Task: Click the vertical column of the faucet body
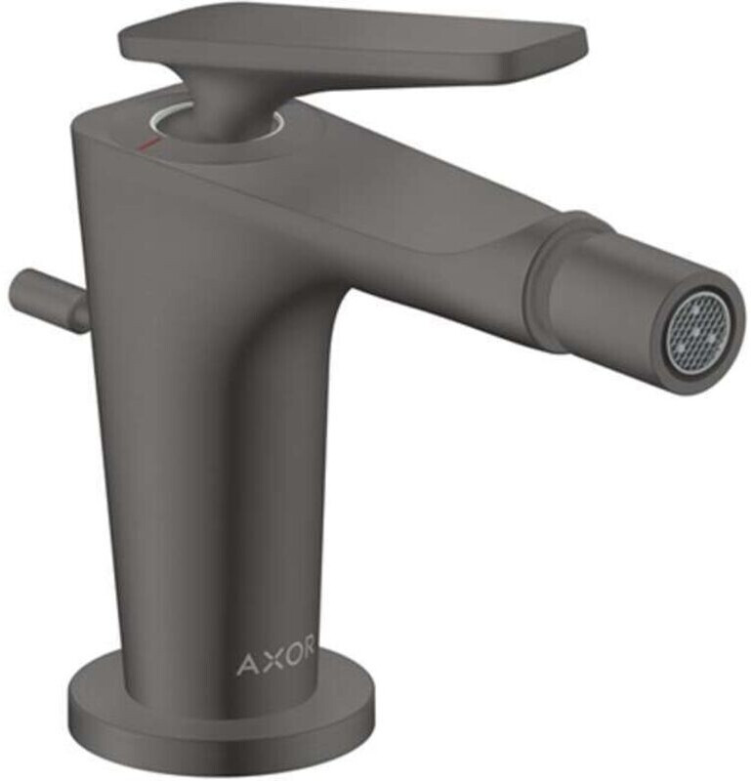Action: pyautogui.click(x=195, y=469)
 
